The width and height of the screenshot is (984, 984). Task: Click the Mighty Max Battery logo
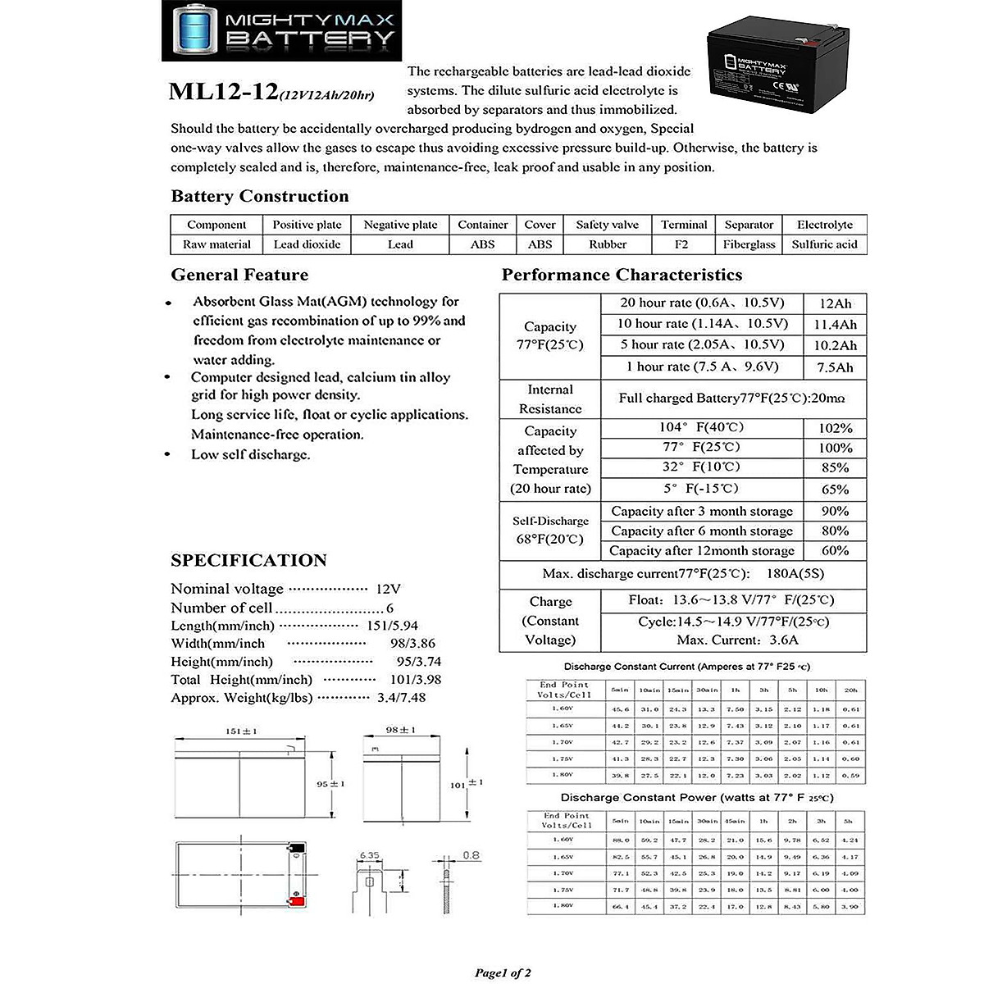279,30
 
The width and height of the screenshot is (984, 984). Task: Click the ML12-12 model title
223,91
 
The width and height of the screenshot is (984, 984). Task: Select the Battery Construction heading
259,196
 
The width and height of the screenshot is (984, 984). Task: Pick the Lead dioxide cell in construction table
307,244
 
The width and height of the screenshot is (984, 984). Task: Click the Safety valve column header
607,225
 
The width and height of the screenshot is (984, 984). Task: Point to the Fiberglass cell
749,244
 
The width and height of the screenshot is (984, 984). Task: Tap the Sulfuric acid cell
824,244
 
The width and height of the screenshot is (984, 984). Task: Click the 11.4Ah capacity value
835,325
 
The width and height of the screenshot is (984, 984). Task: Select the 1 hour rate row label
702,367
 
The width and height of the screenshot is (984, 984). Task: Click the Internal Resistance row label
550,399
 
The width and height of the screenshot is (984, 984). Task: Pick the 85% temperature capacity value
835,468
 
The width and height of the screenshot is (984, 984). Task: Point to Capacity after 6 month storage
702,531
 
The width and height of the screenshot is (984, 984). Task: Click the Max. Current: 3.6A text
737,640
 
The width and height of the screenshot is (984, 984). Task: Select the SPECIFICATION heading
248,561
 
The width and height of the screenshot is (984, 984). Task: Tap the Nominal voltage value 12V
388,589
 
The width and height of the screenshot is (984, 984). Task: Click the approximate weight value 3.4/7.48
401,698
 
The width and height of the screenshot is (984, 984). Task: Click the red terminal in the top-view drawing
297,903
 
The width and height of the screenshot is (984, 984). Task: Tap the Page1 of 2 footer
503,973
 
